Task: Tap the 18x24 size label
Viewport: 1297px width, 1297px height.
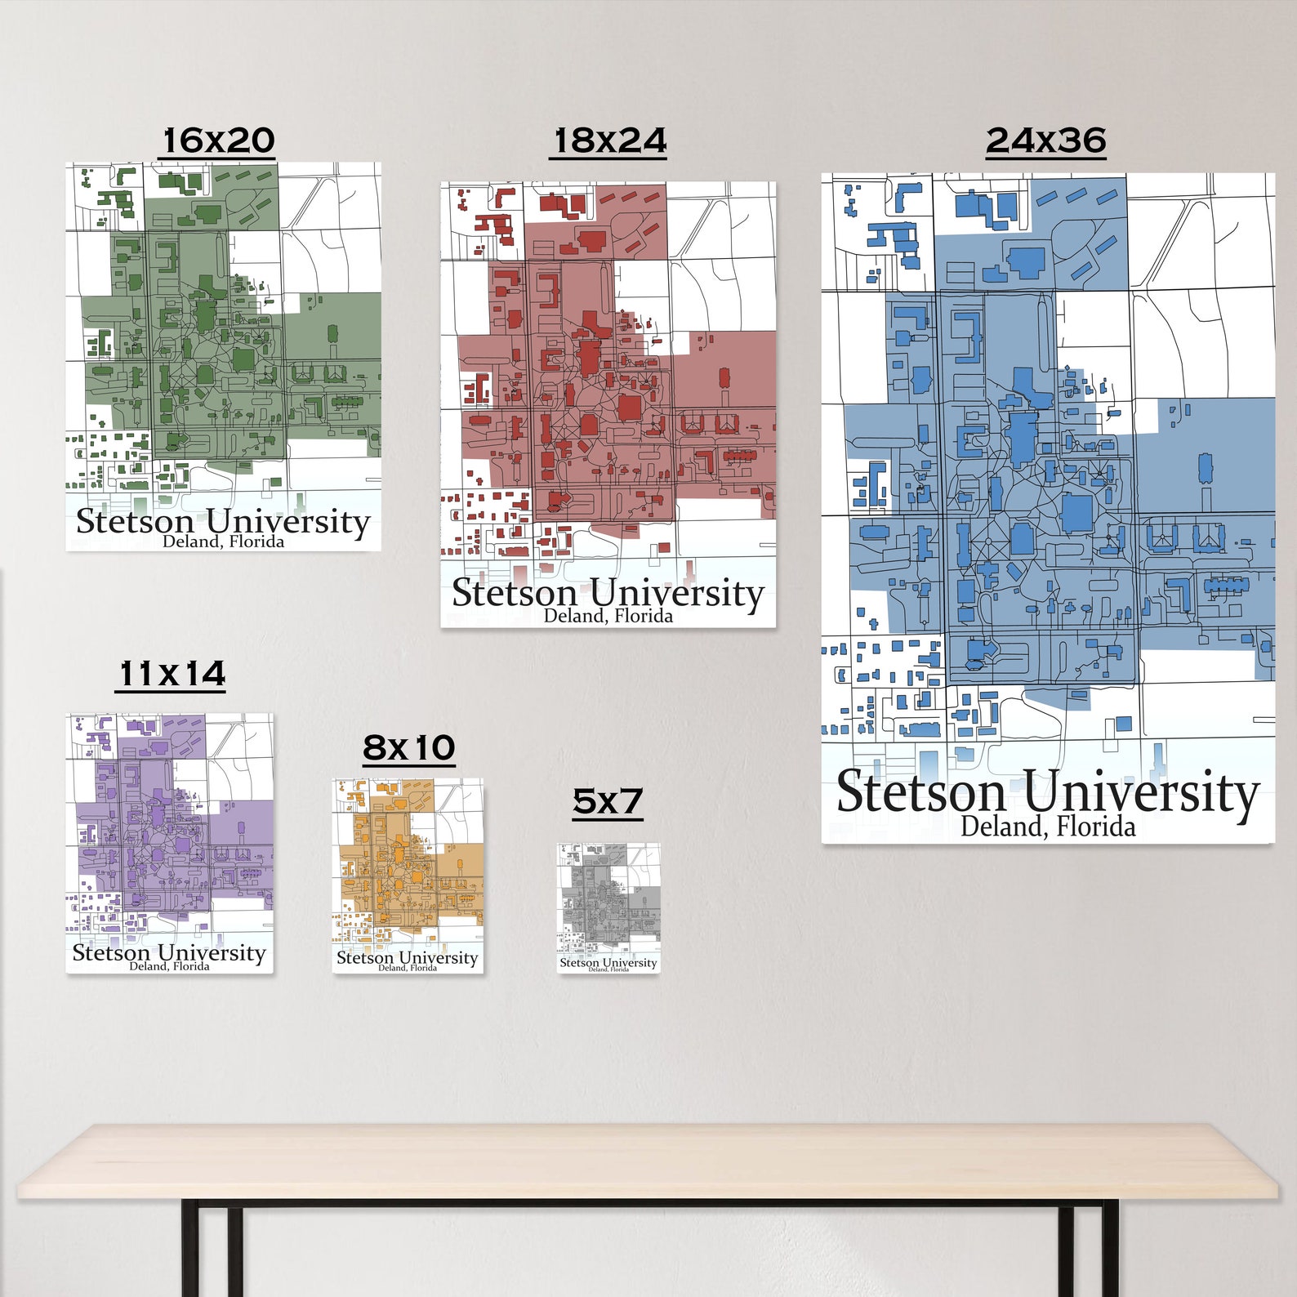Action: click(x=608, y=140)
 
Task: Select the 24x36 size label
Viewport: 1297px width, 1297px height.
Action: click(x=1045, y=140)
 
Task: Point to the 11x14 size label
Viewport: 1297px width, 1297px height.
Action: click(x=171, y=675)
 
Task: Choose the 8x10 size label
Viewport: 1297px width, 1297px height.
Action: click(x=408, y=747)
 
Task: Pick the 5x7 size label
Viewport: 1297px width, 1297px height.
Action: click(x=608, y=801)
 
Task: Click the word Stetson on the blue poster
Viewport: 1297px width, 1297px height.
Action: click(x=921, y=792)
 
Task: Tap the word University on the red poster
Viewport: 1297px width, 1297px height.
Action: click(x=676, y=594)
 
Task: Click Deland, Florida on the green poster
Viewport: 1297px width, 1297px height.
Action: click(x=223, y=542)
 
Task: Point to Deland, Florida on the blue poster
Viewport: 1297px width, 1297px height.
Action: click(x=1047, y=827)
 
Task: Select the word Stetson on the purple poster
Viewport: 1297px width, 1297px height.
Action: click(x=111, y=952)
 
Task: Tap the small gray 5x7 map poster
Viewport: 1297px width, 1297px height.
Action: click(x=608, y=907)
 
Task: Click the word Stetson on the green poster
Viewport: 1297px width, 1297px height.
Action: click(x=135, y=521)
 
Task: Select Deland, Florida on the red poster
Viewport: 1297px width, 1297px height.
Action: click(x=608, y=616)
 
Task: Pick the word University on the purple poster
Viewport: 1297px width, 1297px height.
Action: click(x=212, y=953)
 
